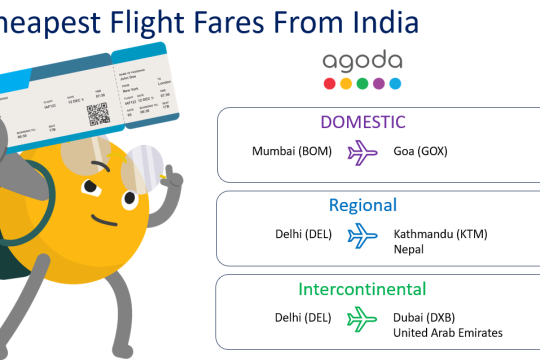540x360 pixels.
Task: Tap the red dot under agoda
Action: click(x=328, y=83)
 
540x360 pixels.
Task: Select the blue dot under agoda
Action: click(x=395, y=83)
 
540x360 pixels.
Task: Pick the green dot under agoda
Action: click(x=361, y=83)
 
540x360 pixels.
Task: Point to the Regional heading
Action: click(x=363, y=205)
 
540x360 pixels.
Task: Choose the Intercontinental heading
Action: click(x=362, y=290)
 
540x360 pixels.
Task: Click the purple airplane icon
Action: click(x=361, y=153)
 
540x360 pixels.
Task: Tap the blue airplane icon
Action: click(x=361, y=236)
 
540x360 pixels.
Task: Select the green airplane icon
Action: click(x=361, y=319)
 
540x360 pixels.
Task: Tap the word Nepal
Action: click(x=410, y=250)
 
